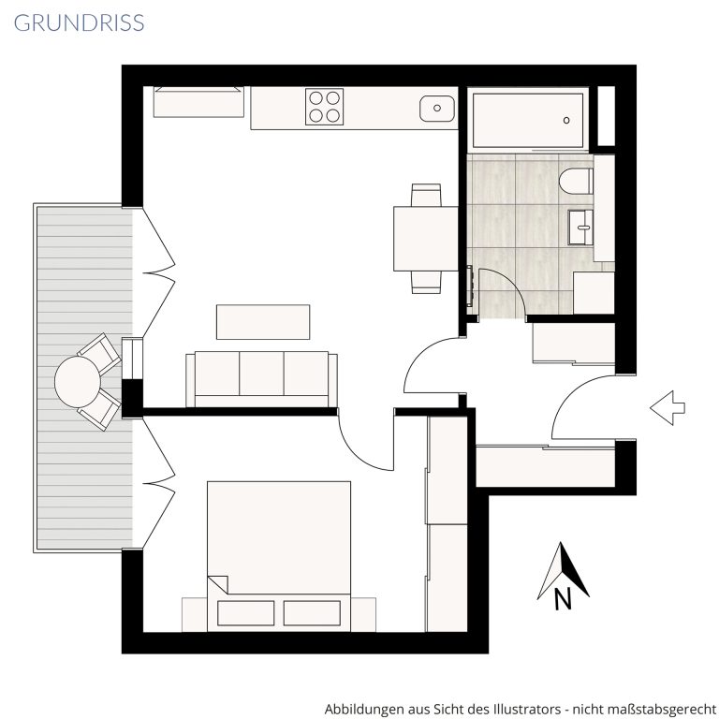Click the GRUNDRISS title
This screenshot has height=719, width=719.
point(80,22)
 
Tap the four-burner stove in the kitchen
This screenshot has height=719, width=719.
point(324,107)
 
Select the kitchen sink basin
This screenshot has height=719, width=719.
point(437,109)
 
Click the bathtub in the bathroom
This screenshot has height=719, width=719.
point(528,120)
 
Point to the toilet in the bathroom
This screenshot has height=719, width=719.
point(576,182)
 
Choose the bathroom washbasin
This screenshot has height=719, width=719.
point(580,227)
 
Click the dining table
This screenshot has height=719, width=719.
point(426,239)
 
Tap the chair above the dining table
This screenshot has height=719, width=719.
point(426,195)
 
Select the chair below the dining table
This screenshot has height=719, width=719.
point(426,282)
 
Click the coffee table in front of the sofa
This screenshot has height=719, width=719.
point(263,322)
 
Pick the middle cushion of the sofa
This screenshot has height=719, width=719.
point(261,374)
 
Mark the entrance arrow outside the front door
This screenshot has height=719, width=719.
point(668,407)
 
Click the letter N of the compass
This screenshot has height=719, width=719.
point(563,598)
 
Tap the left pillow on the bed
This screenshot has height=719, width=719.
point(246,613)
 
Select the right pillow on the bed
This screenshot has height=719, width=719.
point(312,613)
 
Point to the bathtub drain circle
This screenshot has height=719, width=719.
point(566,120)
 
